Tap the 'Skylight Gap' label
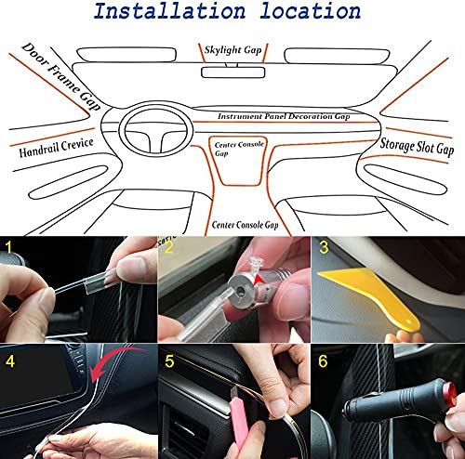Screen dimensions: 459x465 point(232,48)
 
